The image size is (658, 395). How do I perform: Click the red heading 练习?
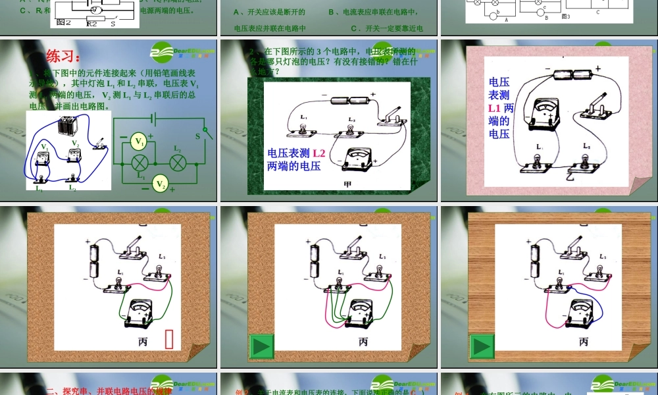pos(63,57)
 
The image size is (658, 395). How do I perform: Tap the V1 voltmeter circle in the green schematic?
pos(139,141)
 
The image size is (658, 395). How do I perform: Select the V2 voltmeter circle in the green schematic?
pos(160,184)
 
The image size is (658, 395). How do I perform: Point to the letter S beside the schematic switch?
pos(197,136)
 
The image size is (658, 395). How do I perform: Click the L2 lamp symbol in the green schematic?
pos(176,163)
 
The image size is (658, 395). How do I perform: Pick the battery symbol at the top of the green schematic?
pos(153,118)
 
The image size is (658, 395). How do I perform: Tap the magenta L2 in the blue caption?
pos(318,153)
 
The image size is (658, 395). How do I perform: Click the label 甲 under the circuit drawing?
pos(347,184)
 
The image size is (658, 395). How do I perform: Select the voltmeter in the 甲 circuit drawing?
pos(357,159)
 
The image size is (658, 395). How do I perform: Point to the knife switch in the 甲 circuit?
pos(392,116)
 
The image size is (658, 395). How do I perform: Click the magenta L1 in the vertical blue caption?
pos(495,108)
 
